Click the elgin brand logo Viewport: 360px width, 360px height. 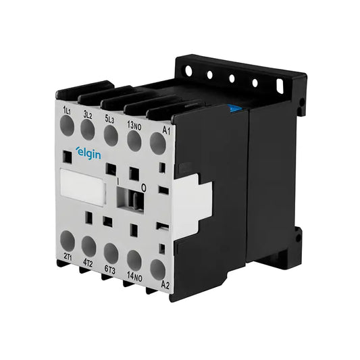(x=88, y=153)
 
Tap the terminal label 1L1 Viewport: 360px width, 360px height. (x=68, y=111)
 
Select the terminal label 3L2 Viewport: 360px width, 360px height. (x=88, y=115)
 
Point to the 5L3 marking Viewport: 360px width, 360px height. (x=109, y=120)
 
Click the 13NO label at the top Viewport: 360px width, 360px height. (x=134, y=126)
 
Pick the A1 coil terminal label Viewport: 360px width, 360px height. (x=166, y=131)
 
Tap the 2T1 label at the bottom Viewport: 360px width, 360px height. (x=68, y=257)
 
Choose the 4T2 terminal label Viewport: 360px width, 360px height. (x=88, y=264)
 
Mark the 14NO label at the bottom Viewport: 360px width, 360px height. (x=135, y=277)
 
